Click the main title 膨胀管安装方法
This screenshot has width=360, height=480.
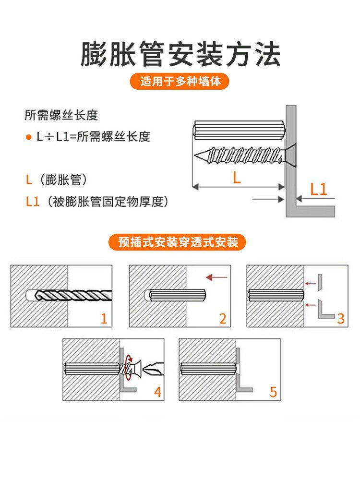coord(180,54)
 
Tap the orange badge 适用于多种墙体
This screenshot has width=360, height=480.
coord(180,81)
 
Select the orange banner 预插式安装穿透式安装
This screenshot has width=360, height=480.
coord(178,242)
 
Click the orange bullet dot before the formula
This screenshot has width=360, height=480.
coord(28,137)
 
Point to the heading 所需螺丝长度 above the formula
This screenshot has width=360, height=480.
coord(61,115)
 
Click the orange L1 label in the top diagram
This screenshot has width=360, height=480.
coord(319,190)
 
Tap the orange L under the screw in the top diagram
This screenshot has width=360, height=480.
coord(237,177)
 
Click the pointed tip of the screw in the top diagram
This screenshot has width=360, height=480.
coord(195,156)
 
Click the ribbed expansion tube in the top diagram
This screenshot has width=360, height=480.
coord(240,131)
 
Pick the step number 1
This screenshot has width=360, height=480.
coord(104,319)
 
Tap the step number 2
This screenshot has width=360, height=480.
coord(223,319)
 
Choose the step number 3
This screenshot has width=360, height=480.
coord(341,319)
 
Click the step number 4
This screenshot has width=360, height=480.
coord(157,392)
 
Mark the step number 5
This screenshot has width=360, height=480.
coord(274,392)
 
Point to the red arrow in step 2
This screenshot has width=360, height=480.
coord(217,277)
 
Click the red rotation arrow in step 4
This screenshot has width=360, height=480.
coord(129,367)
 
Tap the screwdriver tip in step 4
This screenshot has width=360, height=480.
coord(153,368)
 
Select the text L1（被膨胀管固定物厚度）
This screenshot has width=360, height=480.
coord(97,202)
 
